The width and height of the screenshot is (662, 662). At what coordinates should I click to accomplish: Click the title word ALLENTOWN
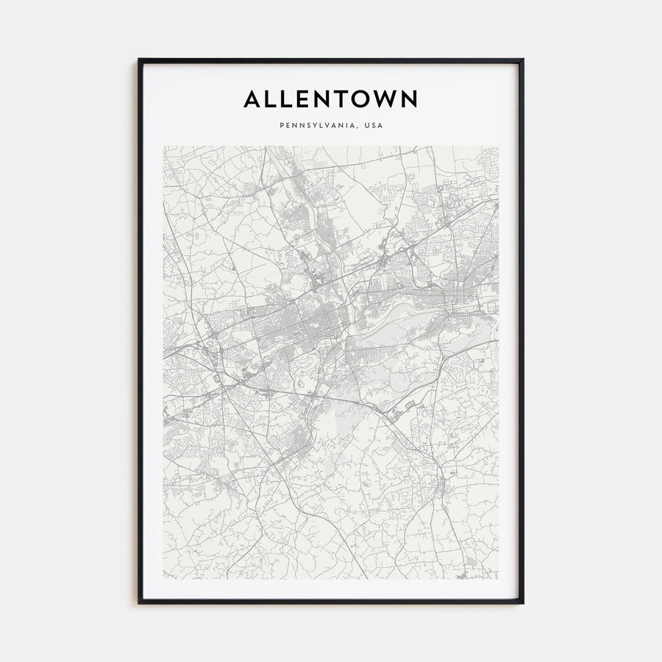pos(331,99)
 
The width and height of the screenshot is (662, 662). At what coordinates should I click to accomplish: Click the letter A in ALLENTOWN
pos(252,99)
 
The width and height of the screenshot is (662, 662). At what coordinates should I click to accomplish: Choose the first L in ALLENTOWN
pos(272,99)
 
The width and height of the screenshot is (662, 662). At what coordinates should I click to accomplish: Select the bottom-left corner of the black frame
pos(139,603)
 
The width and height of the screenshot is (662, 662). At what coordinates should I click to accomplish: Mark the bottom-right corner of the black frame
pos(523,603)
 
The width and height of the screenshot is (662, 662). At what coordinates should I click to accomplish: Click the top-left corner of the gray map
pos(163,146)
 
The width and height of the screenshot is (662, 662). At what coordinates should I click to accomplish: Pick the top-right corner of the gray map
pos(499,146)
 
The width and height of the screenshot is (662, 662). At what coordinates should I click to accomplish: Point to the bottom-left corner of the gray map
pos(163,580)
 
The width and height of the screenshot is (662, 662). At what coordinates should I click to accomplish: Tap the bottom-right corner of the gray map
pos(499,580)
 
